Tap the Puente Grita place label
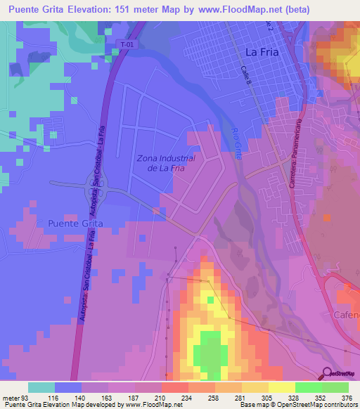click(x=75, y=223)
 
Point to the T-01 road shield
click(x=126, y=44)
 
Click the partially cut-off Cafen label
click(x=346, y=315)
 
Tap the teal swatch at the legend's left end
click(x=41, y=387)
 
